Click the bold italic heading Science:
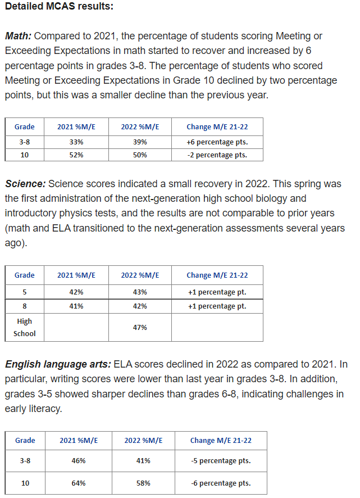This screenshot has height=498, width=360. click(x=26, y=184)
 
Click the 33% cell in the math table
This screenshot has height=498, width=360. click(x=76, y=142)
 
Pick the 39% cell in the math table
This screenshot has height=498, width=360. click(x=140, y=142)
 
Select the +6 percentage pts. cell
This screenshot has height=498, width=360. click(x=217, y=142)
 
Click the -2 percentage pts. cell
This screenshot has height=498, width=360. click(x=217, y=155)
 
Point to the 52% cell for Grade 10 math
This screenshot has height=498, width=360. click(x=76, y=155)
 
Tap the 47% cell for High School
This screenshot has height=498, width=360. click(x=140, y=327)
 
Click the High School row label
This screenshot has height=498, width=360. click(x=25, y=327)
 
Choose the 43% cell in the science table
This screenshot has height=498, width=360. click(x=140, y=292)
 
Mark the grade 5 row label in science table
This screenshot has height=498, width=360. click(x=25, y=292)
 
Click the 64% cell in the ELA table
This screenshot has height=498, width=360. click(x=79, y=483)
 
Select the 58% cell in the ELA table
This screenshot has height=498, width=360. click(x=143, y=483)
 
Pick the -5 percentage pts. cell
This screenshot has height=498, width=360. click(x=221, y=461)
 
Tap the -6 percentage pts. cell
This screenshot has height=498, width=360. click(x=221, y=483)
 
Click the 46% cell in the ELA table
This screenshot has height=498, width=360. click(x=79, y=461)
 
